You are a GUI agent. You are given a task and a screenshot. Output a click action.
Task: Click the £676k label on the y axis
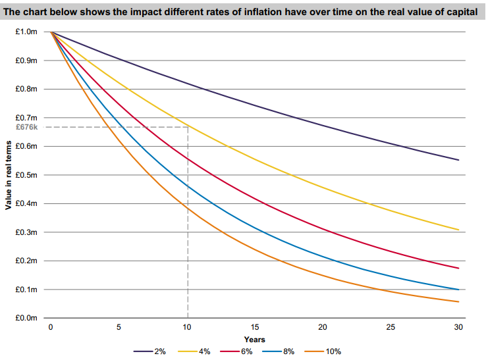pos(34,127)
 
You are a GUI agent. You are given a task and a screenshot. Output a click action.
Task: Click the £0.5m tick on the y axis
pos(32,175)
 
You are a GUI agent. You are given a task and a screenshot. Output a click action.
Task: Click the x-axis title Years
pos(254,339)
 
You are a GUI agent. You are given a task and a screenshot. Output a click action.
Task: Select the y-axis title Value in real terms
pos(8,175)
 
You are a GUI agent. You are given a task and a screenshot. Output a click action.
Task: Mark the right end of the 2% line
pos(458,160)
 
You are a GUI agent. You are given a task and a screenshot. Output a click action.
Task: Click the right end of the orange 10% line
pos(458,302)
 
